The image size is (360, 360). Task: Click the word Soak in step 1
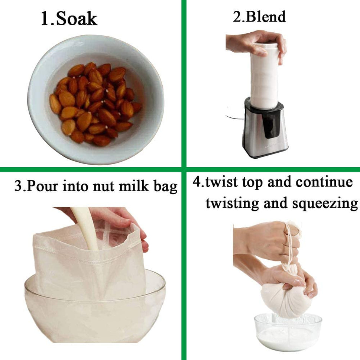(77, 18)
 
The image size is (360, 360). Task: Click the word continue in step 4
(324, 182)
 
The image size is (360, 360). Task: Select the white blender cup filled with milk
(264, 76)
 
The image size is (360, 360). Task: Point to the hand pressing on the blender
(256, 43)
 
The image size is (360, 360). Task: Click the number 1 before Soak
(45, 18)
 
